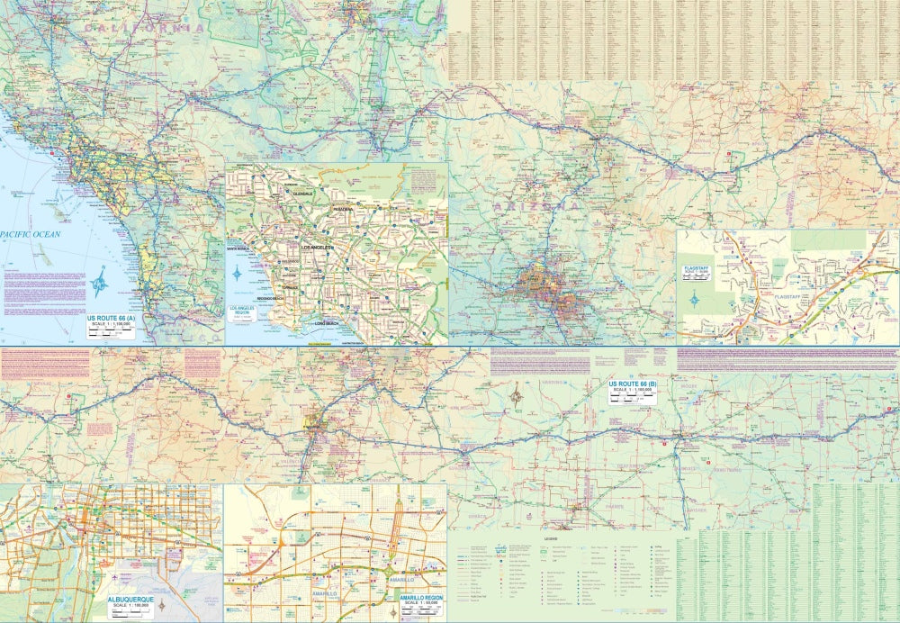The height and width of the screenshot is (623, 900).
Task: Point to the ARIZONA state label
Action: coord(536,205)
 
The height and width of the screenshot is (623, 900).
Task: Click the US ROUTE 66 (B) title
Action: coord(633,384)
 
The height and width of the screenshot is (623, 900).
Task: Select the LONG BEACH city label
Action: coord(330,322)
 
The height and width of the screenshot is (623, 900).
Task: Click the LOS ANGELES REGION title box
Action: coord(246,315)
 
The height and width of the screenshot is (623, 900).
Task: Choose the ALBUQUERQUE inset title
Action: coord(132,598)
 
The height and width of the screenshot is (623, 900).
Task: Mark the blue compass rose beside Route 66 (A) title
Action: coord(100,284)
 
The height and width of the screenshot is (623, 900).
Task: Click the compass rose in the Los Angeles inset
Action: coord(238,272)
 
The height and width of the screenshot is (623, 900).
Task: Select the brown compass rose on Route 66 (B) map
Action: coord(517,394)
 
